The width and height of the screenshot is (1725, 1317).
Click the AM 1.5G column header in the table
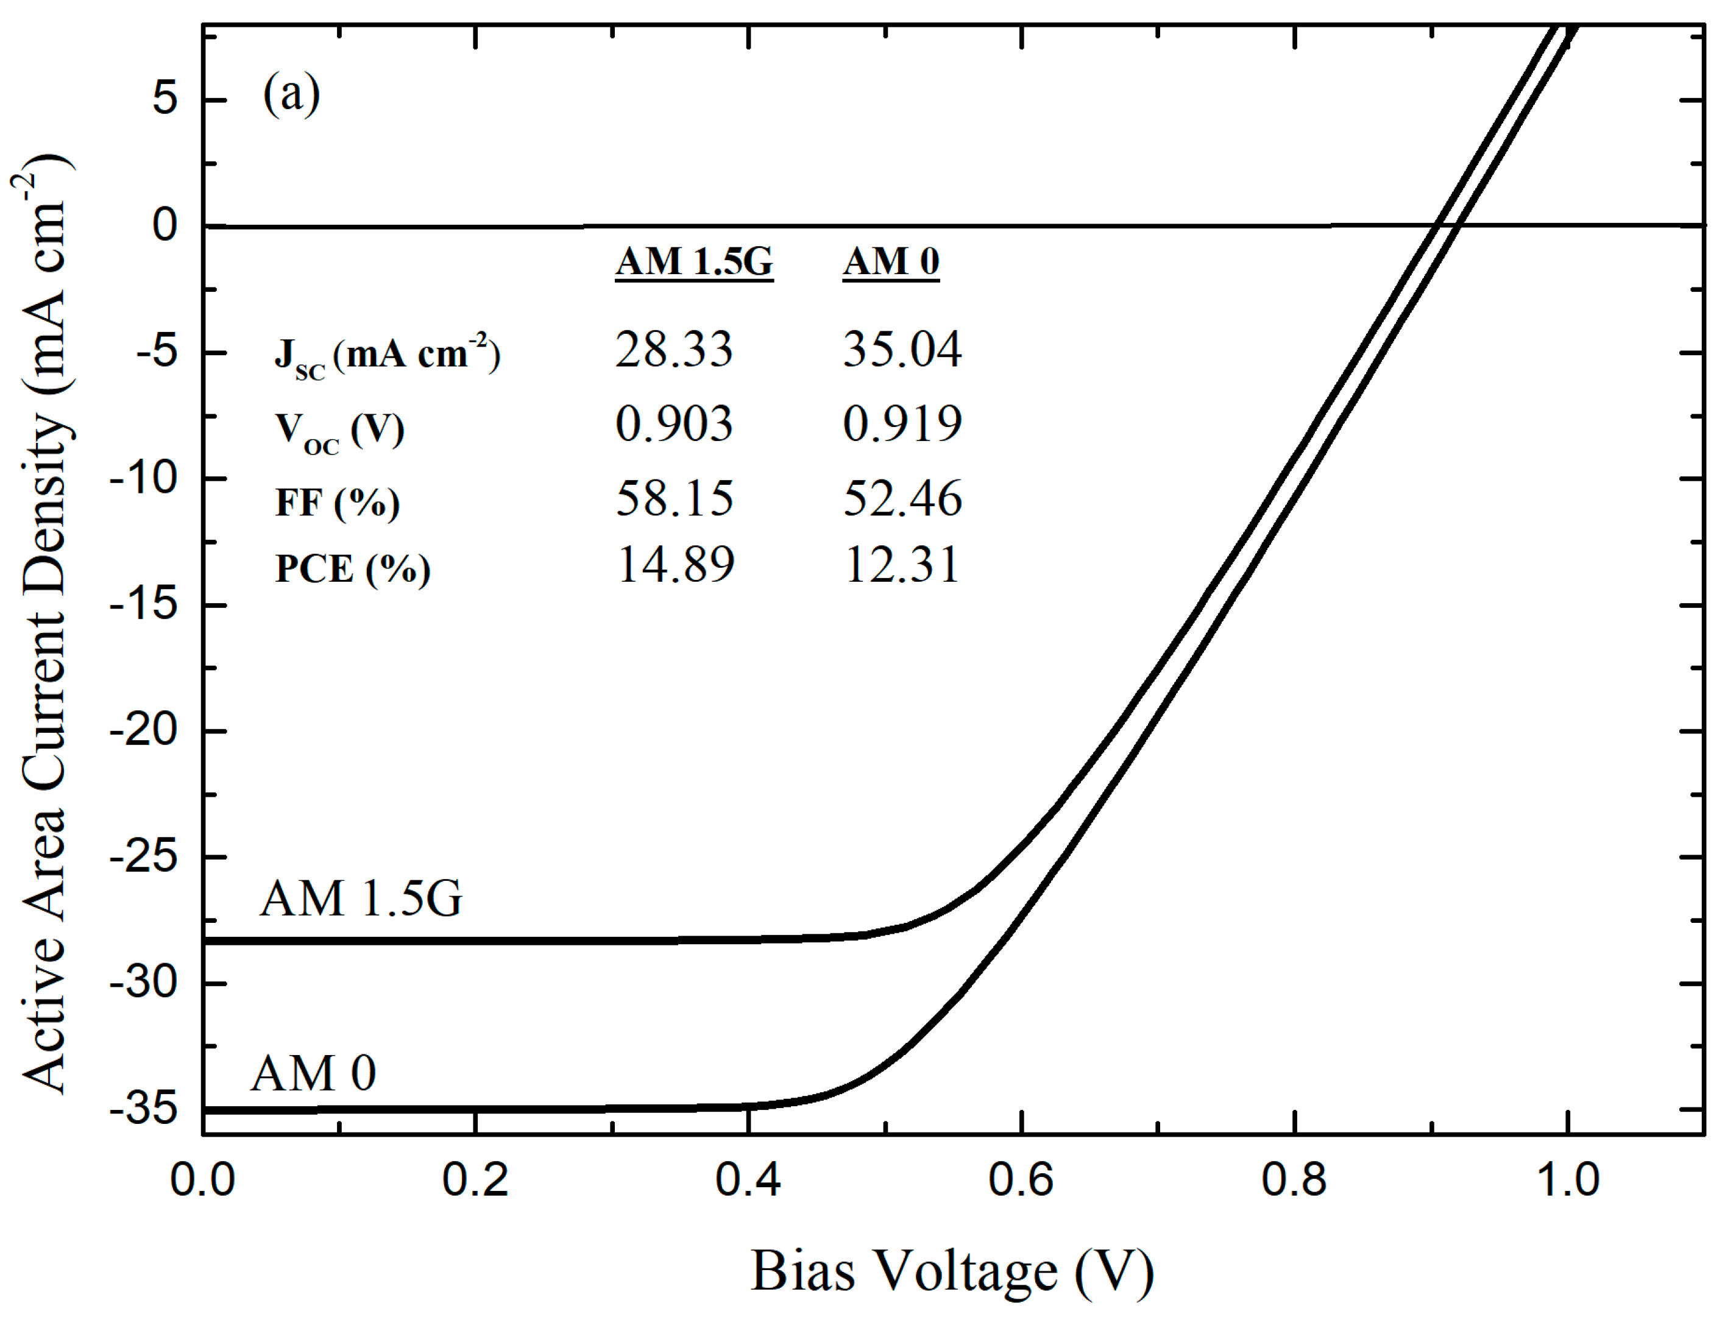(x=694, y=261)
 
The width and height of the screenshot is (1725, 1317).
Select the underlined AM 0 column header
(x=891, y=261)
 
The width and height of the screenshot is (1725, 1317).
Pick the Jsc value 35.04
(x=902, y=350)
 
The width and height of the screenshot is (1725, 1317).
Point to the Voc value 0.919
(x=902, y=424)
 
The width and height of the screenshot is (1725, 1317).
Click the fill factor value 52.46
(x=902, y=498)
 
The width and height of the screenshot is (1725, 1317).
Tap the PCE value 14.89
(x=675, y=565)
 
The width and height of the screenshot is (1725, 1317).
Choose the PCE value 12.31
(x=902, y=565)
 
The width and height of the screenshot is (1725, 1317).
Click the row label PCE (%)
(x=353, y=569)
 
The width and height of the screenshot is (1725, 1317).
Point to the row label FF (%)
(x=337, y=503)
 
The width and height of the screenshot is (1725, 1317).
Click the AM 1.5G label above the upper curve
(x=361, y=899)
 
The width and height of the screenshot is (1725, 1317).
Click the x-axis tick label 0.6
(x=1020, y=1181)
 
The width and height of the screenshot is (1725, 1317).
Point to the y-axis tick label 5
(x=165, y=99)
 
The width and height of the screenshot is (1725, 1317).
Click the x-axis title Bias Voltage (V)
(x=952, y=1271)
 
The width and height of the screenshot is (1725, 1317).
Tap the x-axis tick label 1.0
(x=1567, y=1181)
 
